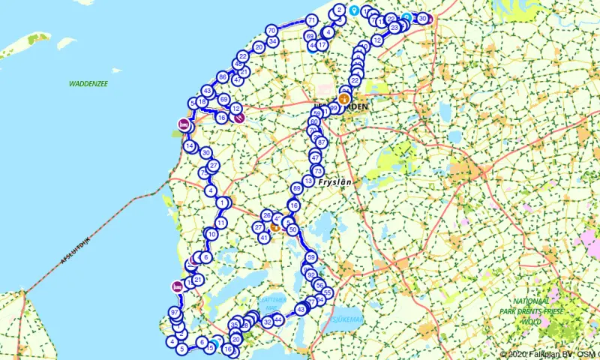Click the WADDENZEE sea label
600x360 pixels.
pyautogui.click(x=91, y=83)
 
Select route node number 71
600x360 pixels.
pyautogui.click(x=311, y=20)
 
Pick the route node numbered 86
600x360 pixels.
pyautogui.click(x=222, y=77)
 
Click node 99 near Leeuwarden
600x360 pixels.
pyautogui.click(x=333, y=109)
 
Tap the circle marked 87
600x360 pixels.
pyautogui.click(x=322, y=142)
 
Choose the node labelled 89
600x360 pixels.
pyautogui.click(x=297, y=188)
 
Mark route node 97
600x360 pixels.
pyautogui.click(x=174, y=312)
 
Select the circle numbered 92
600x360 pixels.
pyautogui.click(x=311, y=275)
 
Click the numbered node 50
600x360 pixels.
pyautogui.click(x=293, y=229)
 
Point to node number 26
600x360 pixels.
pyautogui.click(x=266, y=215)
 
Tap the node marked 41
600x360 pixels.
pyautogui.click(x=264, y=238)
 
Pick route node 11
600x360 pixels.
pyautogui.click(x=220, y=223)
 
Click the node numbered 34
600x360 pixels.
pyautogui.click(x=273, y=41)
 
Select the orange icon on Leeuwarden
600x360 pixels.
pyautogui.click(x=344, y=98)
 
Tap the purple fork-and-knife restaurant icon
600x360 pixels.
pyautogui.click(x=238, y=117)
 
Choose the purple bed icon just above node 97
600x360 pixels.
pyautogui.click(x=177, y=286)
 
